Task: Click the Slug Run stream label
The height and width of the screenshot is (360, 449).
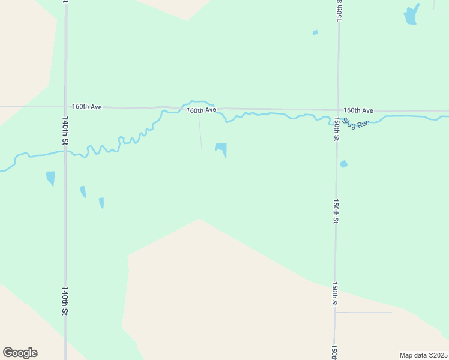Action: tap(356, 125)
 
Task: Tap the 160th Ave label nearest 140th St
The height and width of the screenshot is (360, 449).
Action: tap(87, 106)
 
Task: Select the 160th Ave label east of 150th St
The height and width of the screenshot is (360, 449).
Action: tap(358, 110)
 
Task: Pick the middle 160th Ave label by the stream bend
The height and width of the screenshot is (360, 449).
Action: tap(201, 110)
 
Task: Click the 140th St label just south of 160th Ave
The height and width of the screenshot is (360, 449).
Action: tap(64, 130)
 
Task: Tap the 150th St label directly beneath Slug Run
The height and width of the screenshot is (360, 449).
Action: tap(337, 129)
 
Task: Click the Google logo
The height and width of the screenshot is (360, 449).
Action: tap(20, 353)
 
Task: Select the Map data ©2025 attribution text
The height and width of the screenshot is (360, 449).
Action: tap(424, 355)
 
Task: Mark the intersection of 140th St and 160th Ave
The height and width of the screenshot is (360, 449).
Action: tap(65, 107)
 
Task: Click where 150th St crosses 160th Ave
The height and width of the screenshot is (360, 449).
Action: tap(338, 110)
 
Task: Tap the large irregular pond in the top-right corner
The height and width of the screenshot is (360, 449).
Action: tap(411, 15)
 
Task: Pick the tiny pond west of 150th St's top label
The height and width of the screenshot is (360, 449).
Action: tap(315, 32)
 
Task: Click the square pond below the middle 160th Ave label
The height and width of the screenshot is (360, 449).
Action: tap(221, 148)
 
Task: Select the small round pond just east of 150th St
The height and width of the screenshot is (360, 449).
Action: tap(343, 164)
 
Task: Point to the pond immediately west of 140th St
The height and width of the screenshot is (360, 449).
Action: tap(50, 178)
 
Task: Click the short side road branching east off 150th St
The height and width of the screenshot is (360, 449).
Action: tap(363, 312)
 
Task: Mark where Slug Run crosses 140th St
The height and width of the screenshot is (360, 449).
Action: tap(65, 151)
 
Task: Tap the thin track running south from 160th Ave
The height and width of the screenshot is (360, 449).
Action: tap(200, 132)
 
